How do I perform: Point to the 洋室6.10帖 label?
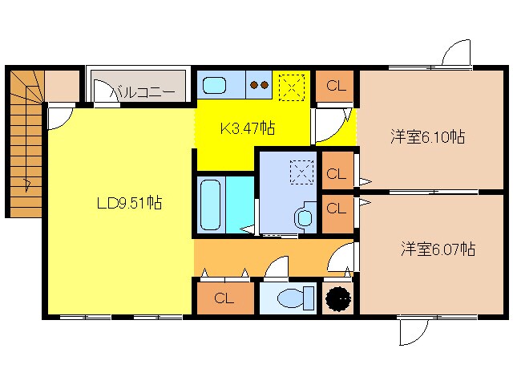pos(426,136)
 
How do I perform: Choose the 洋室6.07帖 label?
pos(438,249)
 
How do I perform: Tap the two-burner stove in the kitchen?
pos(258,83)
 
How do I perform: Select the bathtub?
pos(211,204)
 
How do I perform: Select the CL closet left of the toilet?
pos(224,299)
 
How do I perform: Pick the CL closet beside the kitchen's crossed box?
pos(336,87)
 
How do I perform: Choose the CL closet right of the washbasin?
pos(336,209)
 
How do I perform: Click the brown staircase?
pos(25,140)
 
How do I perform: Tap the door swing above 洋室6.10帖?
pos(454,56)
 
